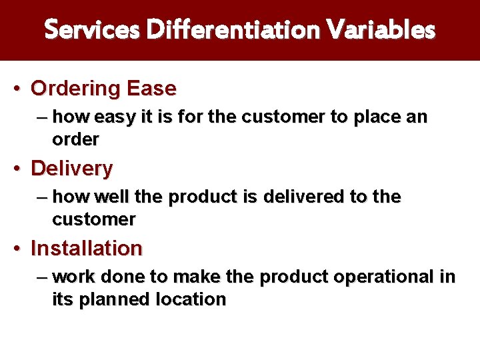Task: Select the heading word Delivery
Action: click(72, 169)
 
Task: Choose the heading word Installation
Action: click(87, 249)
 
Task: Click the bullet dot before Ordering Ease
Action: click(21, 89)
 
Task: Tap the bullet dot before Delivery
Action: click(21, 169)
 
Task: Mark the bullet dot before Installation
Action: click(21, 249)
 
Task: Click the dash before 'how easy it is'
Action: click(43, 117)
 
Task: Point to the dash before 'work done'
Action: click(43, 277)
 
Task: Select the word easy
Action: click(114, 118)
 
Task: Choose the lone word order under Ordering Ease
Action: click(75, 140)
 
